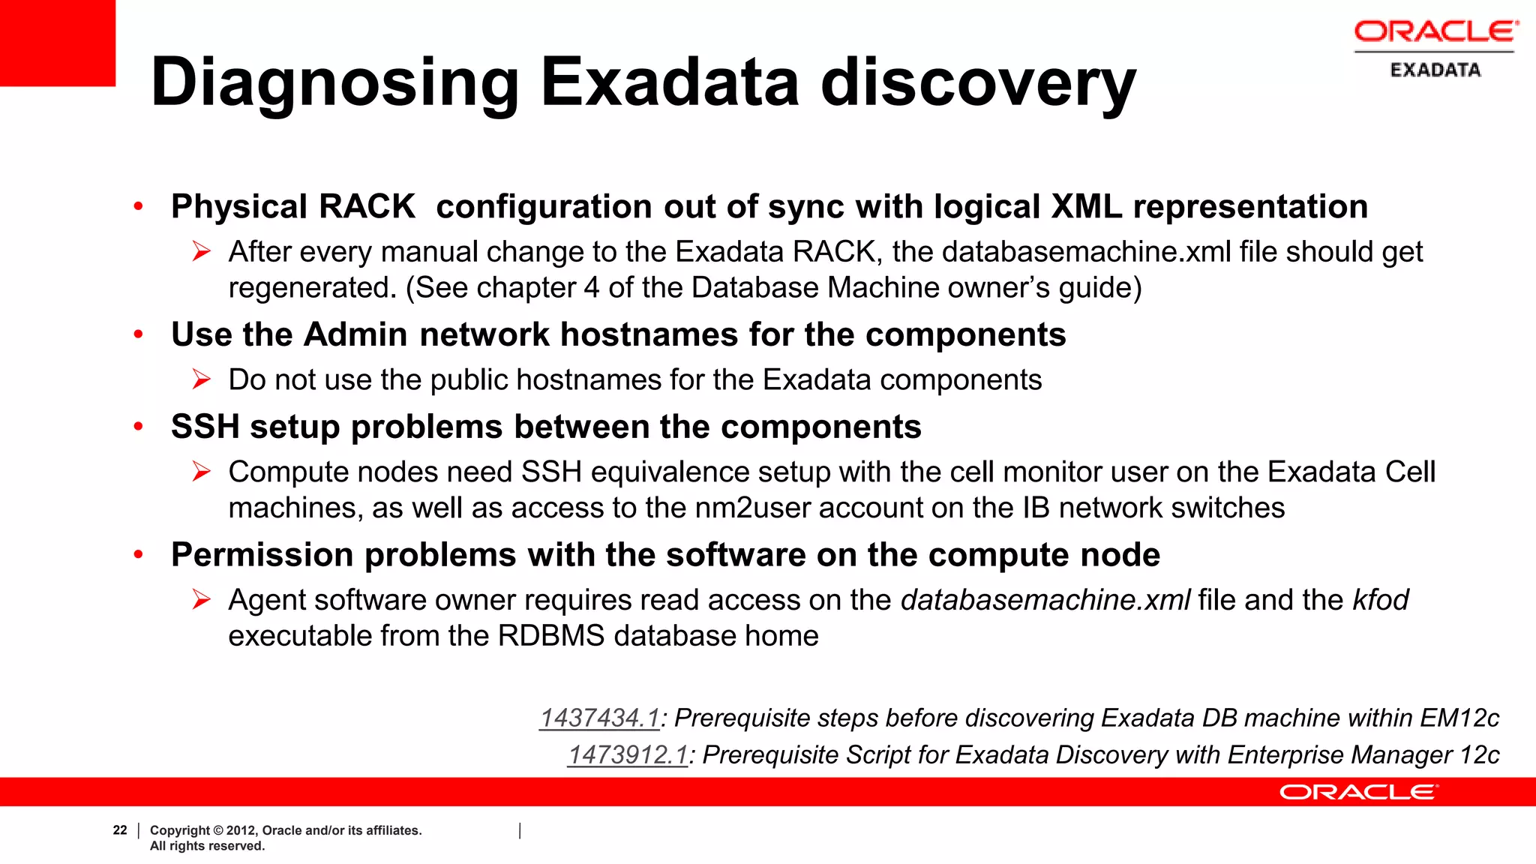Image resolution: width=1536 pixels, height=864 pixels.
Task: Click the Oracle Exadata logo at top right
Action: click(1435, 49)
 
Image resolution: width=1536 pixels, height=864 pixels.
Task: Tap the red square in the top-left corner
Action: click(57, 42)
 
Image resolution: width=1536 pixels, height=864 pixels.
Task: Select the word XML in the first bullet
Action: click(1086, 207)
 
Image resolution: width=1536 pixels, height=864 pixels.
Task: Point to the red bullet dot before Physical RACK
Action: click(138, 206)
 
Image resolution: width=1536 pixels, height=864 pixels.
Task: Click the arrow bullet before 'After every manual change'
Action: click(201, 251)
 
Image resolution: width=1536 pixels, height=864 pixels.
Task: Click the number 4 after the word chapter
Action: click(591, 288)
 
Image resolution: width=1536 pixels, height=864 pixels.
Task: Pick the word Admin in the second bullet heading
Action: click(355, 334)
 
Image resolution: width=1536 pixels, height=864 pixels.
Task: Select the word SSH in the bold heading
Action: click(205, 427)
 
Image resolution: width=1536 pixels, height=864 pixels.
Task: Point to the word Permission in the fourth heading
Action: click(262, 555)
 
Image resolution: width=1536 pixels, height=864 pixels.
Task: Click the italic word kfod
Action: click(1380, 600)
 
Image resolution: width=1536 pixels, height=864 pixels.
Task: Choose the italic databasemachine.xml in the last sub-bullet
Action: click(1045, 600)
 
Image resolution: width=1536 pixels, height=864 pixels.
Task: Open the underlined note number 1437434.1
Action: click(599, 718)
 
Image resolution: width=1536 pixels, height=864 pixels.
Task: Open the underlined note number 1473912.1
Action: click(628, 755)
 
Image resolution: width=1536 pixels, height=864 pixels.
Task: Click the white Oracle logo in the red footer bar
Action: click(1358, 792)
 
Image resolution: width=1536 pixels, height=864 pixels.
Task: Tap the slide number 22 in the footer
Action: click(120, 830)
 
